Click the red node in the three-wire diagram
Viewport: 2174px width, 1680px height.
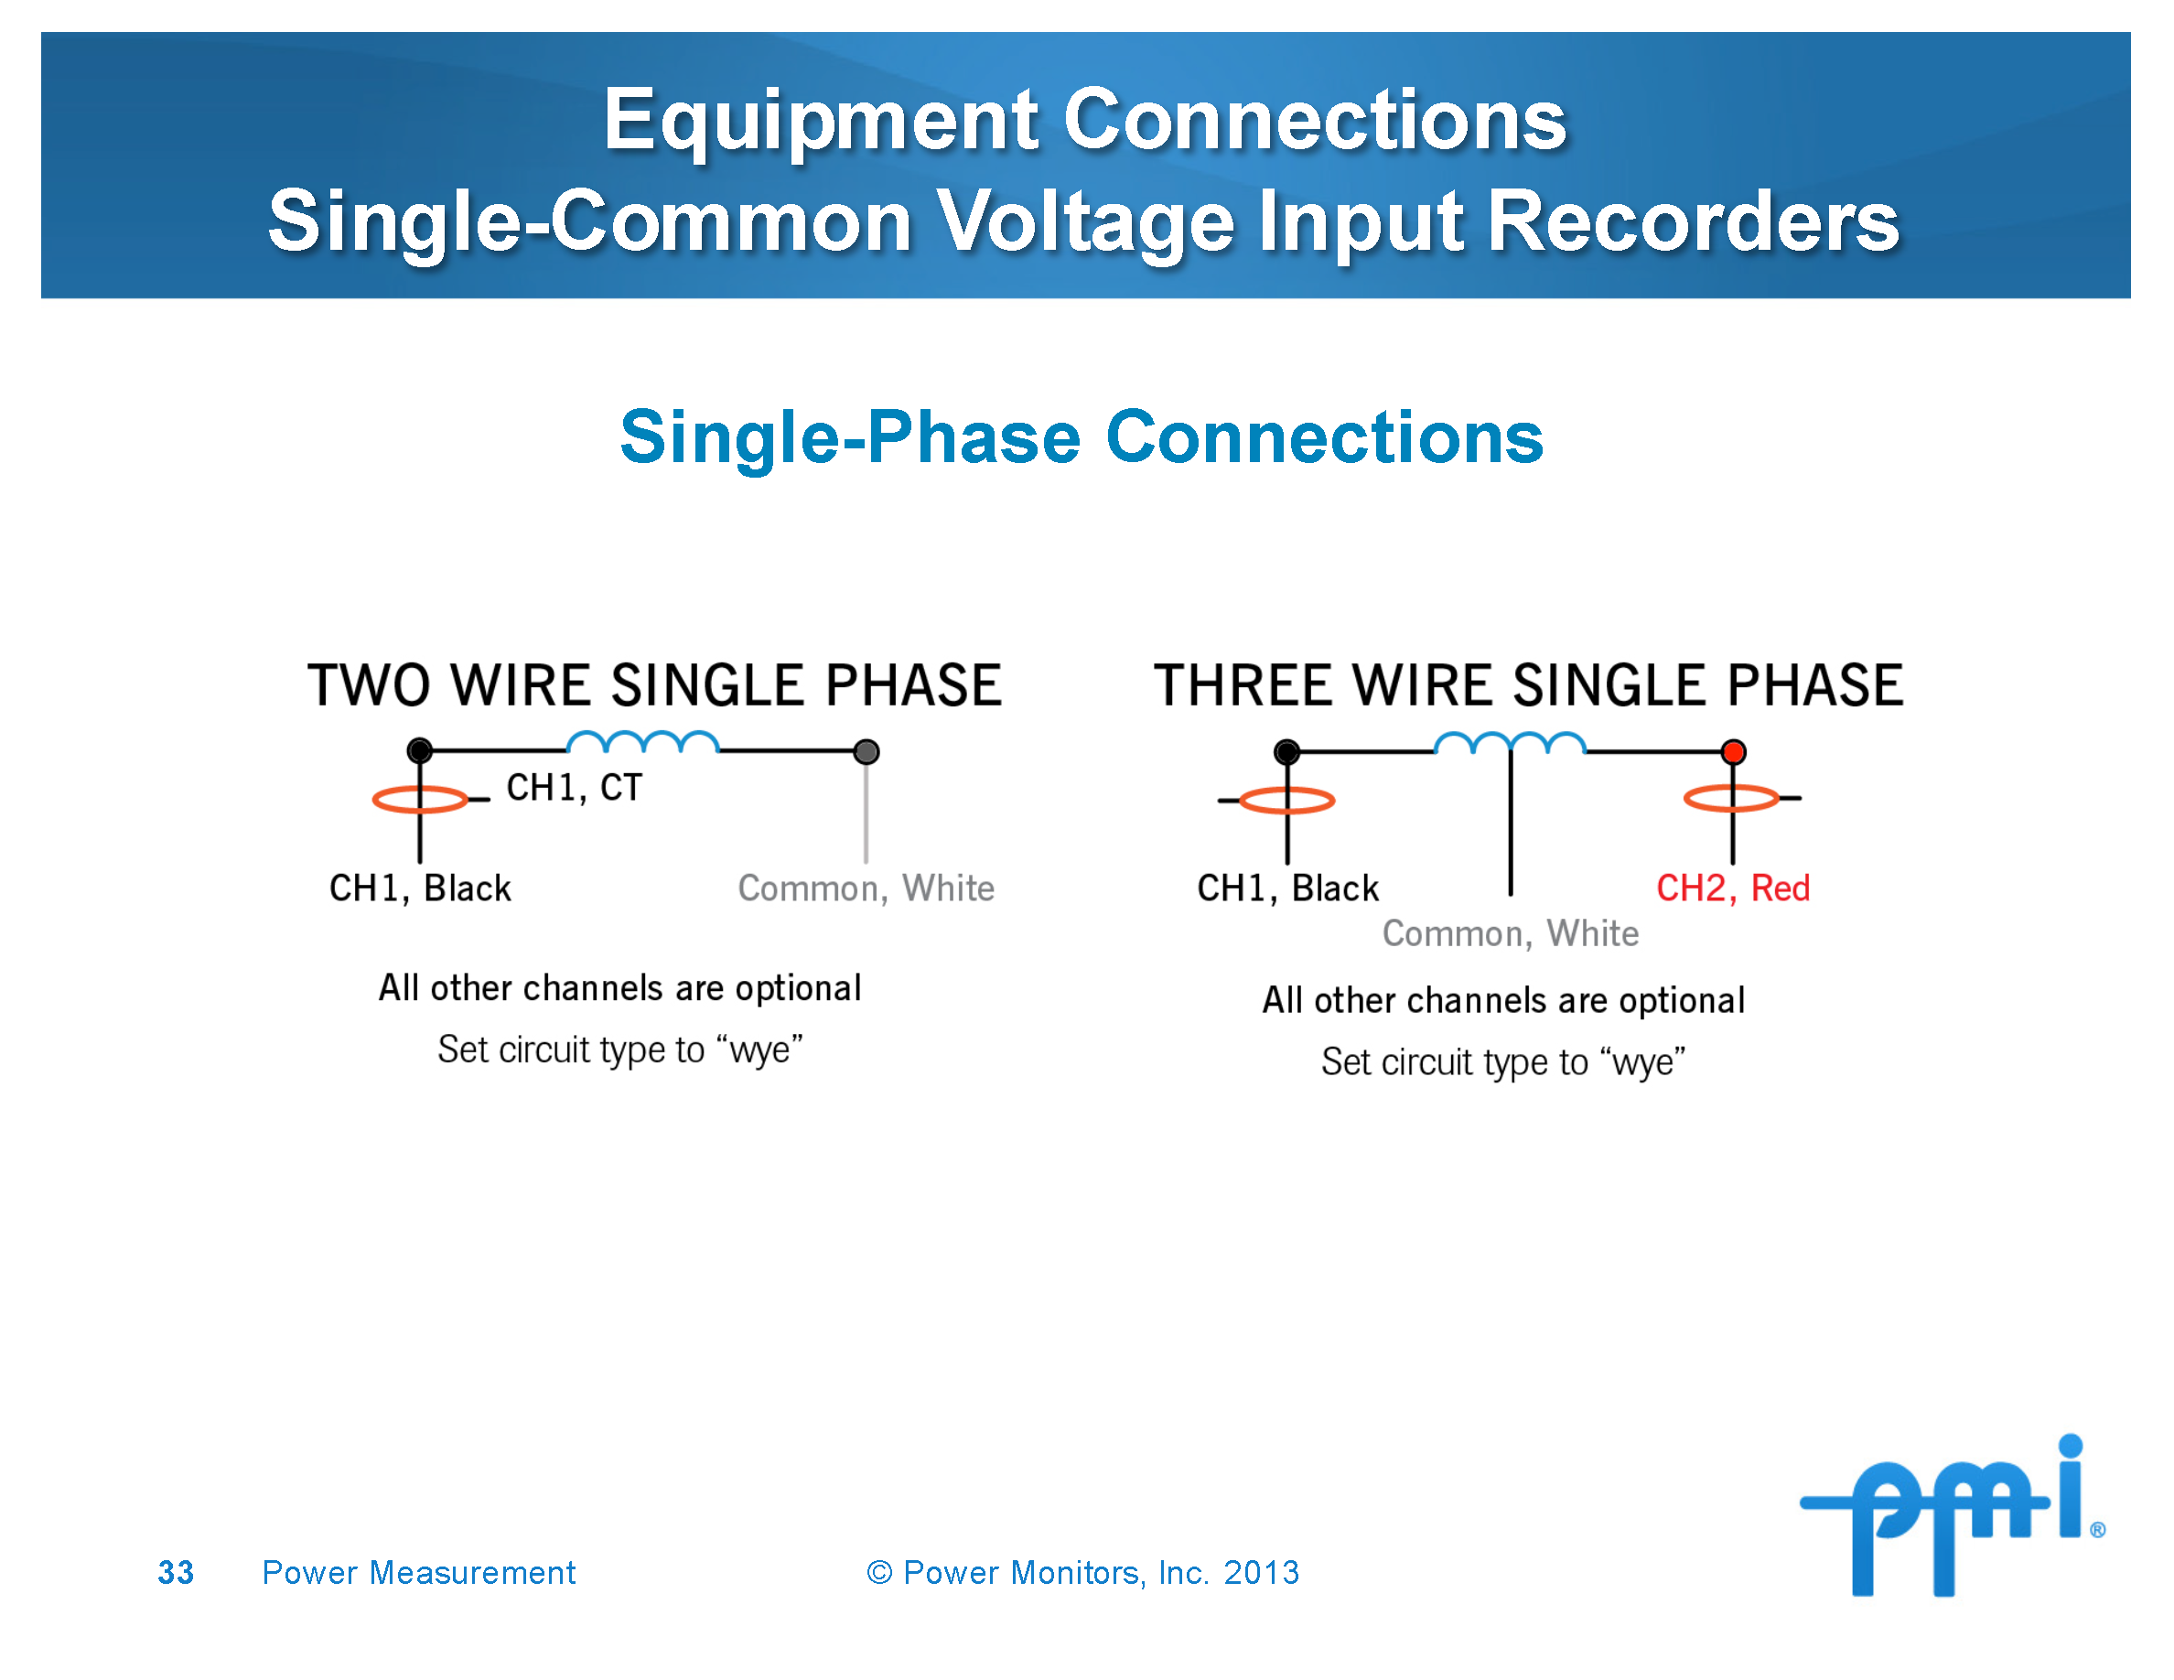click(1733, 751)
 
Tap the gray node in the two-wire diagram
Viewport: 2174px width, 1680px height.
click(866, 751)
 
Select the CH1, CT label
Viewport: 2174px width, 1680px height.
click(575, 787)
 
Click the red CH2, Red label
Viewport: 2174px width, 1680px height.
click(1732, 888)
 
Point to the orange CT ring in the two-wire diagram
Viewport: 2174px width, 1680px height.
click(420, 799)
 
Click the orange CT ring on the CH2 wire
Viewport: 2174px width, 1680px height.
click(1731, 798)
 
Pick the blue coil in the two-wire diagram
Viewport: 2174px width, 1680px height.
click(643, 741)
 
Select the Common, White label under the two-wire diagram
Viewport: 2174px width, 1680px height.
click(866, 888)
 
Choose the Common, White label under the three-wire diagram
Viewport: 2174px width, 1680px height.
click(1510, 933)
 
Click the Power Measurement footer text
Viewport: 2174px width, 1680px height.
click(418, 1573)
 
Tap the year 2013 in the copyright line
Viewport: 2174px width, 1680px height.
click(1261, 1573)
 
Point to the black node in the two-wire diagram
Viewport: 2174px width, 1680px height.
click(420, 750)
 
